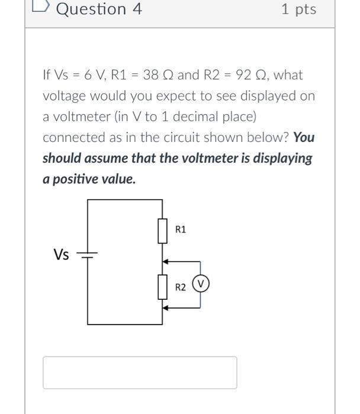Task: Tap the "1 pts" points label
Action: point(298,9)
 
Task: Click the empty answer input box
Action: point(140,373)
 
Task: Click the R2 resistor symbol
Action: point(162,287)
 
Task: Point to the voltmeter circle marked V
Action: point(201,284)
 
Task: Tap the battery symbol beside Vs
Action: point(88,255)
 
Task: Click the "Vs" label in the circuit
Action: point(61,255)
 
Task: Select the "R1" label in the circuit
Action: point(181,229)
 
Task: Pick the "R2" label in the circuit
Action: point(181,287)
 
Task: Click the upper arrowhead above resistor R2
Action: point(166,260)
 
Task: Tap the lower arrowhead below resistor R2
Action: point(166,308)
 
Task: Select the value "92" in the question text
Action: point(244,75)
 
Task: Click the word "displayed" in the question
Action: point(275,96)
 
